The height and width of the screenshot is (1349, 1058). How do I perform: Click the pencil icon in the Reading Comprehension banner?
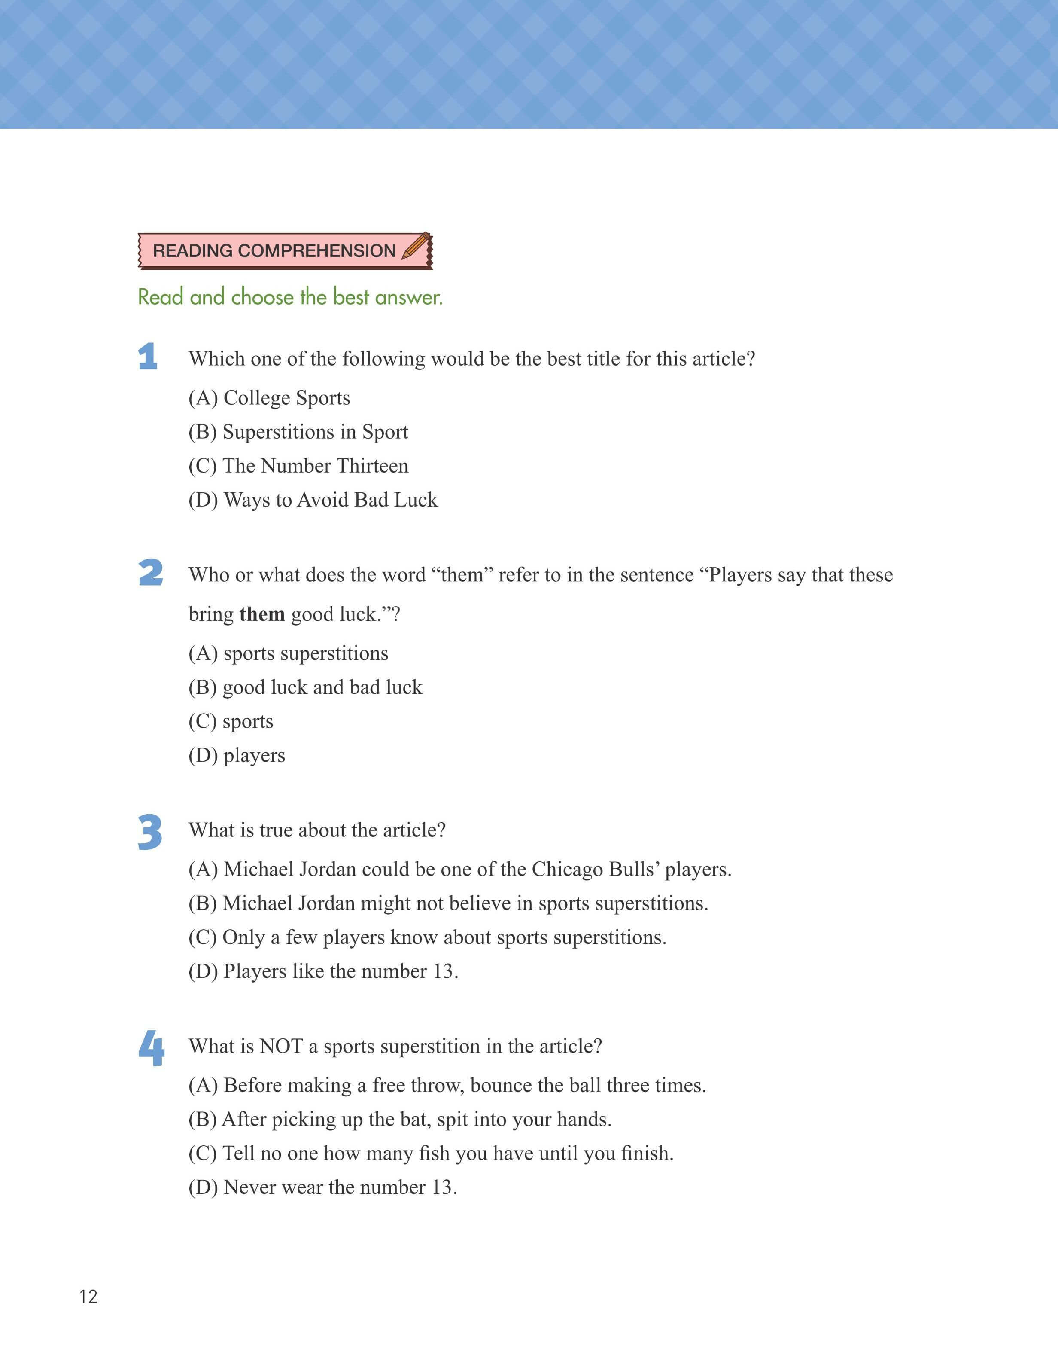[416, 247]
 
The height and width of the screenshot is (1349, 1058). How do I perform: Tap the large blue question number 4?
[152, 1048]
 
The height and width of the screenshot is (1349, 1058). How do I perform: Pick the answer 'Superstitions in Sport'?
[298, 432]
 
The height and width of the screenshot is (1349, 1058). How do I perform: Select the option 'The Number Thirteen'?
[298, 466]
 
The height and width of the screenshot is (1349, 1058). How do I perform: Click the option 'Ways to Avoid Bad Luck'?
[313, 500]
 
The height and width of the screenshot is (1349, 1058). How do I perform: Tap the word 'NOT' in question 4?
[281, 1046]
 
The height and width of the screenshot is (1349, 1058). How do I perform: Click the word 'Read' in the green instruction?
[161, 297]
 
